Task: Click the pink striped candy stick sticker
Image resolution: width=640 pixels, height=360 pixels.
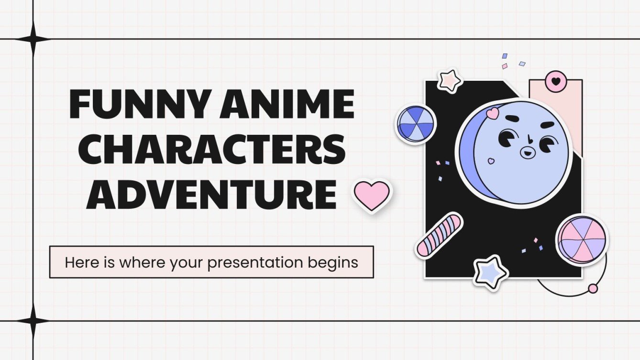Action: tap(439, 234)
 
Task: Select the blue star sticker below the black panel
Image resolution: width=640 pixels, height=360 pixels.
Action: tap(490, 272)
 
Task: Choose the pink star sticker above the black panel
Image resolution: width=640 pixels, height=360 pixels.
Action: tap(450, 80)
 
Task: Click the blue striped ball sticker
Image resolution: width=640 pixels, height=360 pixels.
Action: tap(415, 124)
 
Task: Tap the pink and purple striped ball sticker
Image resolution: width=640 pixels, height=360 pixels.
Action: tap(581, 239)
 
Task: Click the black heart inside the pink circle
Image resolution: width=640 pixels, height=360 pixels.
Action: tap(556, 81)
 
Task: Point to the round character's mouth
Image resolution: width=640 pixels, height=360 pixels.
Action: tap(528, 153)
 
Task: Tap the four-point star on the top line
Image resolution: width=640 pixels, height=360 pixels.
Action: tap(33, 39)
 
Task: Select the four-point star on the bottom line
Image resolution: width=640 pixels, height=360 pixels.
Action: tap(33, 321)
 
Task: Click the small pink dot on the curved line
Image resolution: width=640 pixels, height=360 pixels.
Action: tap(593, 288)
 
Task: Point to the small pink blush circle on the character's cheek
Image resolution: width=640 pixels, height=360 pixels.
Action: tap(490, 161)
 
